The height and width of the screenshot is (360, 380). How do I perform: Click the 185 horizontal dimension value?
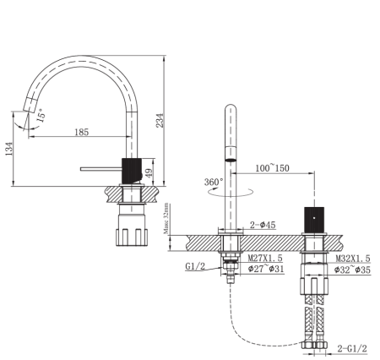[82, 132]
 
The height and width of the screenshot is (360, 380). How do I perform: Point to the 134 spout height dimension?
[9, 150]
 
